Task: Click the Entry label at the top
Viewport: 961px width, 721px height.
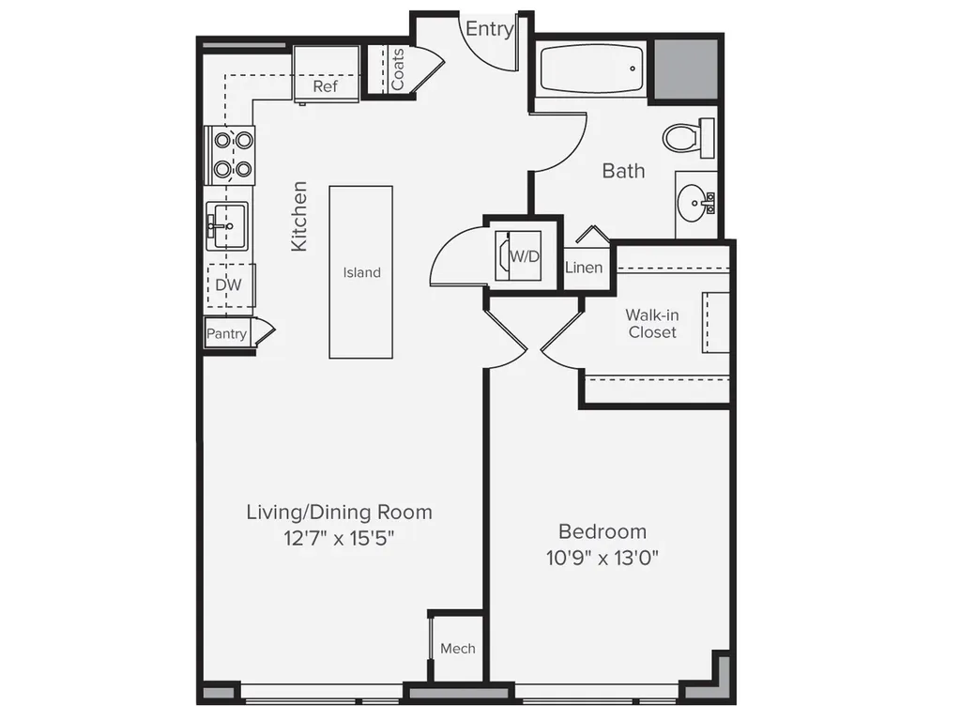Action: click(x=489, y=29)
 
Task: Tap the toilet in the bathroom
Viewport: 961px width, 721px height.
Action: click(x=688, y=138)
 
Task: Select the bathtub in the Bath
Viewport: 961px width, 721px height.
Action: click(x=591, y=69)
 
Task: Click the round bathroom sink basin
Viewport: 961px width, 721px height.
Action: click(x=693, y=203)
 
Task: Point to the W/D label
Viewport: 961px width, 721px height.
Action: click(x=525, y=256)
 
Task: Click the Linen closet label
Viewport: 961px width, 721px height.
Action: click(x=584, y=268)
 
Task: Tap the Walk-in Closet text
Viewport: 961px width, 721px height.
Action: click(x=652, y=324)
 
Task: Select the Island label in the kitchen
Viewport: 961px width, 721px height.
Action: click(x=361, y=272)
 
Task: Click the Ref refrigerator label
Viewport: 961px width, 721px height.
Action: click(x=325, y=86)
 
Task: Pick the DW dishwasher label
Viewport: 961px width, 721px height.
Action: click(x=229, y=284)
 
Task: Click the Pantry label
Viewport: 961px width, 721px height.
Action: click(x=226, y=334)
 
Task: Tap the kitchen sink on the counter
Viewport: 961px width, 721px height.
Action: click(x=227, y=225)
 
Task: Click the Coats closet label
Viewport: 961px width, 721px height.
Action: click(x=397, y=69)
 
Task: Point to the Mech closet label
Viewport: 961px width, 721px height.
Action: click(x=458, y=649)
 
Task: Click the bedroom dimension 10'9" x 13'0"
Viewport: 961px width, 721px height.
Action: click(x=603, y=558)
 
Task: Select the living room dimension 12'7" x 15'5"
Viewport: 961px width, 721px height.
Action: click(x=338, y=538)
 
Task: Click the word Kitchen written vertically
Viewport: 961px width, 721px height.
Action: click(x=298, y=216)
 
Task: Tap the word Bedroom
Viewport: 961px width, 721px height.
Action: click(x=603, y=531)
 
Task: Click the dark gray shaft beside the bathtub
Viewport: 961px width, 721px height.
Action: click(x=686, y=69)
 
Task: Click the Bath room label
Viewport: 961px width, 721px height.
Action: click(x=623, y=171)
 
